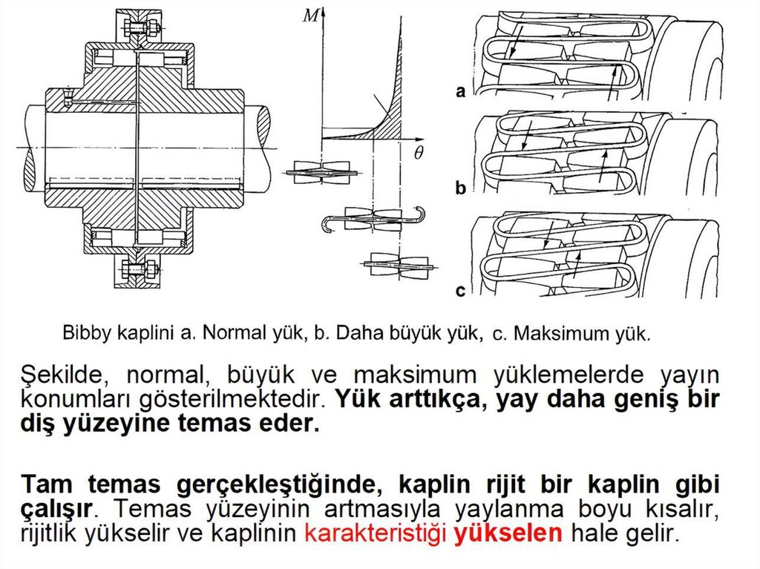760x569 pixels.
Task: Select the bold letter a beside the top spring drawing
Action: [461, 93]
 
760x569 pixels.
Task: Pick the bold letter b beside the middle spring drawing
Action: [461, 189]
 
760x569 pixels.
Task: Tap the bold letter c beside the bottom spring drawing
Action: [461, 291]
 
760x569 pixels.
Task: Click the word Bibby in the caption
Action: [87, 332]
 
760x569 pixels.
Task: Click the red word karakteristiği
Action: [378, 533]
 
